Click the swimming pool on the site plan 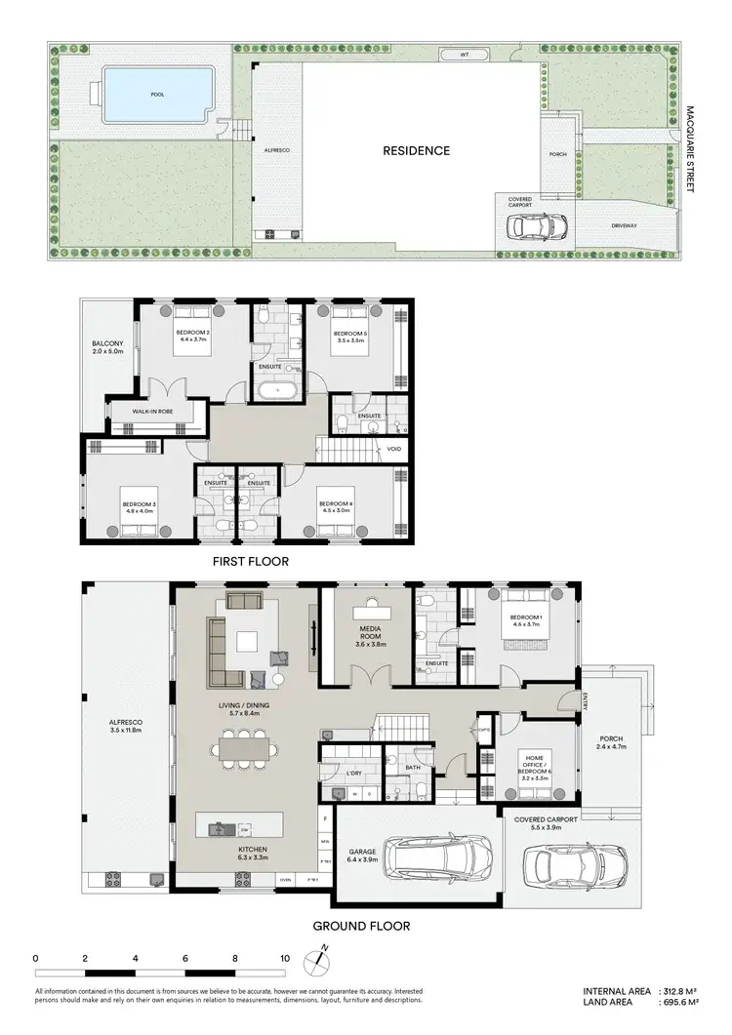click(x=156, y=96)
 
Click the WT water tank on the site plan click(x=465, y=56)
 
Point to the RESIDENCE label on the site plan click(x=416, y=151)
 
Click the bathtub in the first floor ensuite click(x=278, y=390)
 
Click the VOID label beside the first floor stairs click(x=394, y=450)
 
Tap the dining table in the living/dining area click(x=246, y=750)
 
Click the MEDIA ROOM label click(x=368, y=638)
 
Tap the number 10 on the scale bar click(x=284, y=959)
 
